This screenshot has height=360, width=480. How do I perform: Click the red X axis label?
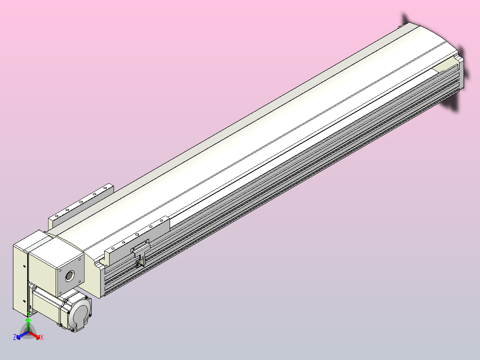(42, 338)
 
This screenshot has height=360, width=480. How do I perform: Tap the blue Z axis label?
(15, 337)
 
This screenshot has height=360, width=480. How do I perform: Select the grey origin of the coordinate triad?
(28, 332)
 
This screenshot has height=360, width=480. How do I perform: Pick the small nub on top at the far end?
(399, 28)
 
